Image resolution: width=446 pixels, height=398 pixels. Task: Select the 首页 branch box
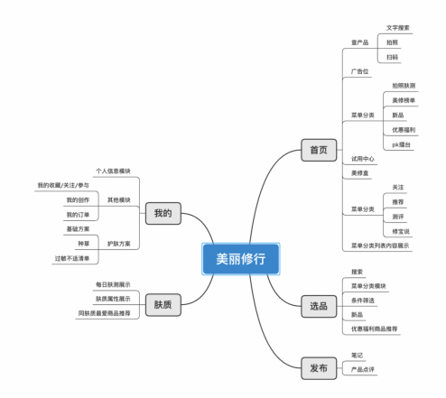pyautogui.click(x=318, y=151)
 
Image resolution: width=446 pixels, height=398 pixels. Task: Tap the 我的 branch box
pyautogui.click(x=162, y=213)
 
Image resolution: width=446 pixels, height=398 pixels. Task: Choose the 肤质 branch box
pyautogui.click(x=163, y=304)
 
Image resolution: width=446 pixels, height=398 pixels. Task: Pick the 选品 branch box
pyautogui.click(x=318, y=306)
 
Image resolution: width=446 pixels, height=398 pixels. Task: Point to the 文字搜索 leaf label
pyautogui.click(x=397, y=28)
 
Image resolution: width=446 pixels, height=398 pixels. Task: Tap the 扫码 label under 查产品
pyautogui.click(x=392, y=57)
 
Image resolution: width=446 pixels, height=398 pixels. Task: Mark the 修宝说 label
pyautogui.click(x=401, y=232)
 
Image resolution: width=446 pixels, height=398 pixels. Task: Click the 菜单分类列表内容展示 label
pyautogui.click(x=379, y=245)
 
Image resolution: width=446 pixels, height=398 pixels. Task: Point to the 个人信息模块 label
pyautogui.click(x=113, y=170)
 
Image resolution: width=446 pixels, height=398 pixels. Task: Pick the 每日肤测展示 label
pyautogui.click(x=113, y=284)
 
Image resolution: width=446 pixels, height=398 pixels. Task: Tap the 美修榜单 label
pyautogui.click(x=399, y=100)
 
